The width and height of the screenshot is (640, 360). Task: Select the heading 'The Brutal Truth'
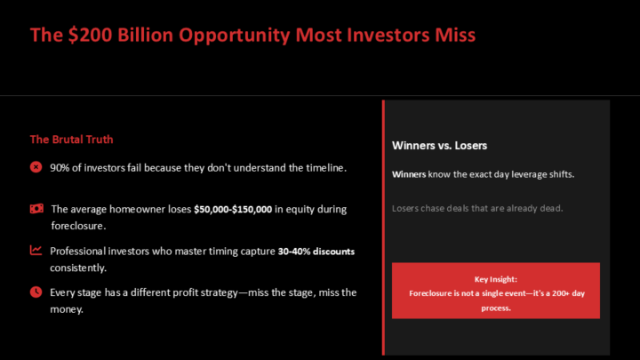tap(71, 140)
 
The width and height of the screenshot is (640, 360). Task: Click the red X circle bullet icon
tap(36, 166)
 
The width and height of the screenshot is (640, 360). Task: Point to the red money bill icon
tap(36, 209)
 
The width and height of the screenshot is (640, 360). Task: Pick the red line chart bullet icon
tap(36, 251)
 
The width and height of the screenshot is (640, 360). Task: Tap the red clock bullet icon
tap(36, 292)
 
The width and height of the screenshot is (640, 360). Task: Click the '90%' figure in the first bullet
tap(61, 167)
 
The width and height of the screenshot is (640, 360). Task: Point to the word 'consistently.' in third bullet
tap(78, 268)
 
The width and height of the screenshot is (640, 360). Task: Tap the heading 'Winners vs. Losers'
tap(439, 145)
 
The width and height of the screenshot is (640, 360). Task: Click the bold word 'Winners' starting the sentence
tap(409, 174)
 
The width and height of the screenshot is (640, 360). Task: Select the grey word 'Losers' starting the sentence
tap(406, 209)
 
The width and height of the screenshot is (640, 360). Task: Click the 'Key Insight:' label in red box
tap(495, 278)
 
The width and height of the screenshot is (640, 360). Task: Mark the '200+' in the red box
tap(562, 293)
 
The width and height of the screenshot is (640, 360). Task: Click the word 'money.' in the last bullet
tap(67, 308)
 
